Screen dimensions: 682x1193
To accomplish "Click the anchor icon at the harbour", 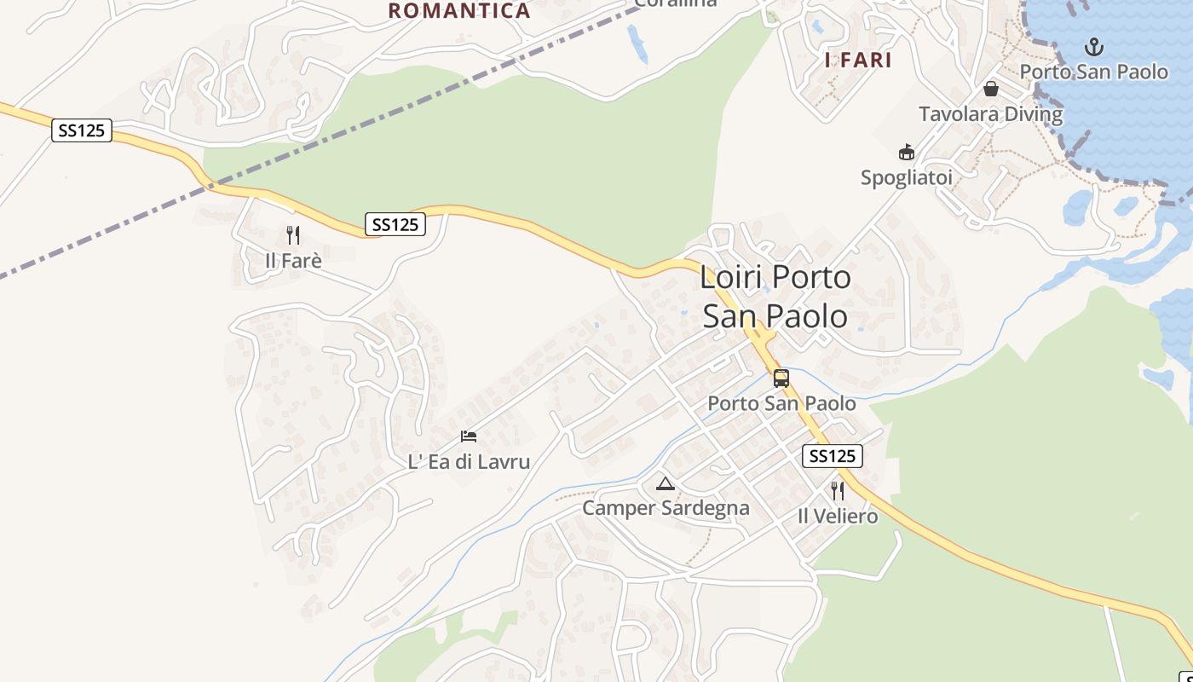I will tap(1093, 47).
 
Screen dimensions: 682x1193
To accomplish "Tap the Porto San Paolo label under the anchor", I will tap(1093, 72).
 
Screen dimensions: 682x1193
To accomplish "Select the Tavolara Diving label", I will tap(990, 114).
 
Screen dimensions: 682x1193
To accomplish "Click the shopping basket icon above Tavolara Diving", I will tap(991, 89).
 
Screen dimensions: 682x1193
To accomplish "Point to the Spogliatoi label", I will tap(906, 177).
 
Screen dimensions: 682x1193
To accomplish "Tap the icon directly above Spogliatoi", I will tap(906, 153).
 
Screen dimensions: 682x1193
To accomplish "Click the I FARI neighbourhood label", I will tap(858, 61).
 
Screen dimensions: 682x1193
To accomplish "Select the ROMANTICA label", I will tap(459, 11).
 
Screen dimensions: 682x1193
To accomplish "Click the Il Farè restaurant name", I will tap(293, 260).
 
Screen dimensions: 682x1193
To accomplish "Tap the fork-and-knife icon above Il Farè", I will tap(293, 235).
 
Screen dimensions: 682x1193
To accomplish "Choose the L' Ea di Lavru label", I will tap(469, 462).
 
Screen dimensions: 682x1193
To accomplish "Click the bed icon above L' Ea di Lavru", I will tap(469, 436).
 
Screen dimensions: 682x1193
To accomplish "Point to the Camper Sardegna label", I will tap(666, 508).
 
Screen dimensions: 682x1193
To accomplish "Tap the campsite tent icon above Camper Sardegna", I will tap(665, 484).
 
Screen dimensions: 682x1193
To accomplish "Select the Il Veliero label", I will tap(837, 516).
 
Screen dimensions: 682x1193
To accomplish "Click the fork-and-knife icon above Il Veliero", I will tap(837, 491).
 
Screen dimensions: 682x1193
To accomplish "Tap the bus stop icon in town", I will tap(781, 379).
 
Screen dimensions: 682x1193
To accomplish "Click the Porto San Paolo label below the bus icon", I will tap(781, 403).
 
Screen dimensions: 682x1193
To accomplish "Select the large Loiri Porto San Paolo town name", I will tap(775, 297).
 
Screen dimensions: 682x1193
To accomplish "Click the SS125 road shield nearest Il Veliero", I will tap(833, 456).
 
